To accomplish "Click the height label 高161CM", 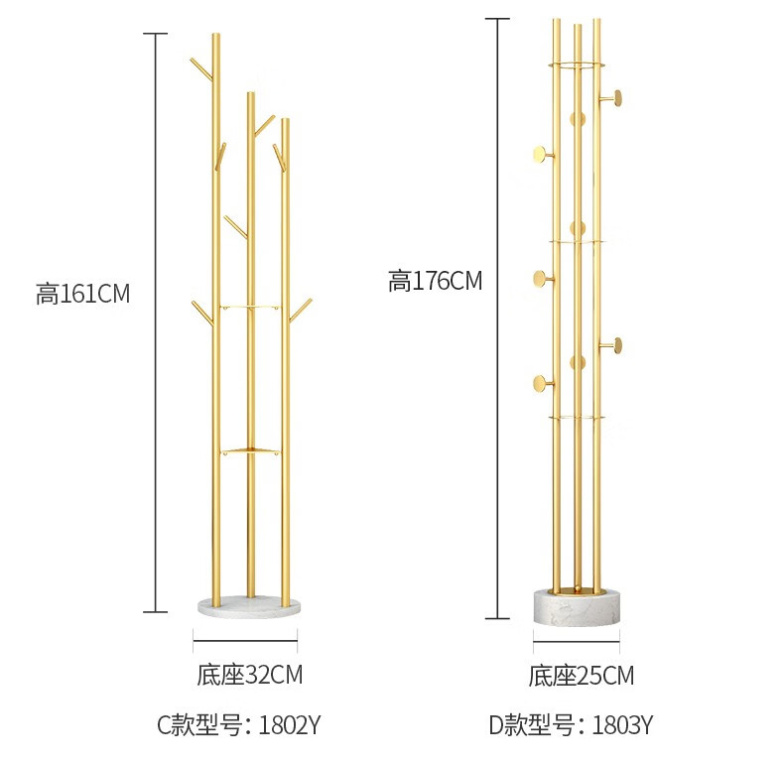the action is tap(82, 294).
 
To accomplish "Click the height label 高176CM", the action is tap(435, 281).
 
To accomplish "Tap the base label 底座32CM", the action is tap(249, 675).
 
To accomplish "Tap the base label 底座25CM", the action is tap(581, 676).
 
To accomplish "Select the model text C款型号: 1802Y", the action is tap(238, 724).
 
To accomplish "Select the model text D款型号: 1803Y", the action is tap(571, 724).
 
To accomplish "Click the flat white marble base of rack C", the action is tap(249, 606).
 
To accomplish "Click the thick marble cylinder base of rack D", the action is tap(577, 607).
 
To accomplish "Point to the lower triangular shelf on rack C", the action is tap(250, 451).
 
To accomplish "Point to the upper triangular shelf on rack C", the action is tap(250, 307).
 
